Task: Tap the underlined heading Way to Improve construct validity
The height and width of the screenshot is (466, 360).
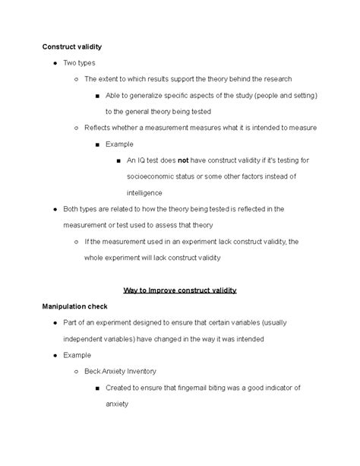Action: (179, 290)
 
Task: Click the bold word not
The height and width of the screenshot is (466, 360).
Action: (183, 160)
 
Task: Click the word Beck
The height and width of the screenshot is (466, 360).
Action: (94, 371)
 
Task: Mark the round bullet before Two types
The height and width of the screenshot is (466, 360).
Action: (49, 63)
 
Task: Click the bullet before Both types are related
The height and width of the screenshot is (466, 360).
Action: (49, 209)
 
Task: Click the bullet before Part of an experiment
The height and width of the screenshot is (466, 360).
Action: (49, 323)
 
